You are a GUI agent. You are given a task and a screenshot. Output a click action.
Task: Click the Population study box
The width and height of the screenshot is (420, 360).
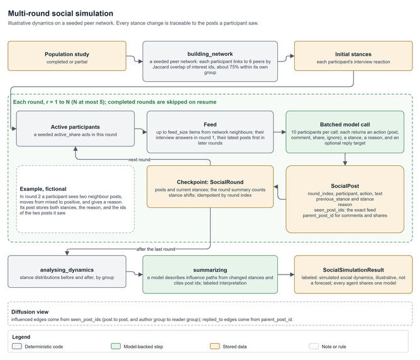coord(67,56)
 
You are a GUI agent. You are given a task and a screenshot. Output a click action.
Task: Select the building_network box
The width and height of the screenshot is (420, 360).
coord(210,62)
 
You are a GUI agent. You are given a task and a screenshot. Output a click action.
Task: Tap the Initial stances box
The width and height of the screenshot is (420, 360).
coord(353,56)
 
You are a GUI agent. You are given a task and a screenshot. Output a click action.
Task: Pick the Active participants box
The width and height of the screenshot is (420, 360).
coord(75,129)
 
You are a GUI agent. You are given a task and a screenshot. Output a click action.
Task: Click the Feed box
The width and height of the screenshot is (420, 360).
coord(210,132)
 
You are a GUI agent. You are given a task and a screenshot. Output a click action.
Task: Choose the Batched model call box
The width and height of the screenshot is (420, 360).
coord(345,132)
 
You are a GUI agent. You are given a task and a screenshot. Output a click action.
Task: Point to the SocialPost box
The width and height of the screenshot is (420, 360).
coord(345,199)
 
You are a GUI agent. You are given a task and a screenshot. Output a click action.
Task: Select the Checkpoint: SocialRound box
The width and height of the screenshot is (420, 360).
coord(210,187)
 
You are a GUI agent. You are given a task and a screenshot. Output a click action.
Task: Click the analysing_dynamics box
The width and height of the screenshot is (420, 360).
coord(67,271)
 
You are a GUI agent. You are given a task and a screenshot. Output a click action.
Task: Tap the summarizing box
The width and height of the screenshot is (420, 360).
coord(210,275)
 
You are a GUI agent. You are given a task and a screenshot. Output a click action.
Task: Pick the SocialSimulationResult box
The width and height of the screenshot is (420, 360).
coord(353,275)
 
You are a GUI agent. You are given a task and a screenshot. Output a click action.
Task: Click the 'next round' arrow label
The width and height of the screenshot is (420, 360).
coord(140,160)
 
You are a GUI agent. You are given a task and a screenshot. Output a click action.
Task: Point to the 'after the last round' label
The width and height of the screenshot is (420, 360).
coord(156,249)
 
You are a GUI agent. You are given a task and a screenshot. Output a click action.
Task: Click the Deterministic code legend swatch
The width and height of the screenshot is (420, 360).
coord(17,346)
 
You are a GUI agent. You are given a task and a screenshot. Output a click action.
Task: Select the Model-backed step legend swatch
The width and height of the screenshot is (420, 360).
coord(116,346)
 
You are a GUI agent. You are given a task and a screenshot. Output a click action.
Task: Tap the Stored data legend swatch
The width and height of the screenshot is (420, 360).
coord(215,346)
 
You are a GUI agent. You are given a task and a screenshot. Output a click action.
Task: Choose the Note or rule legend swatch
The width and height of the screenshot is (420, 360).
coord(314,346)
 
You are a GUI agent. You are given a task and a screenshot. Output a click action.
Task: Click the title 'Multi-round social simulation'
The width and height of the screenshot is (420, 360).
coord(60,13)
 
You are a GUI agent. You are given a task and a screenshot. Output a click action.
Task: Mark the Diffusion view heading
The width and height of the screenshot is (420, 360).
coord(30,312)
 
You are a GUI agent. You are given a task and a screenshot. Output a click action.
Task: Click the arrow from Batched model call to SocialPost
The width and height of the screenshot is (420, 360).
coord(345,159)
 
